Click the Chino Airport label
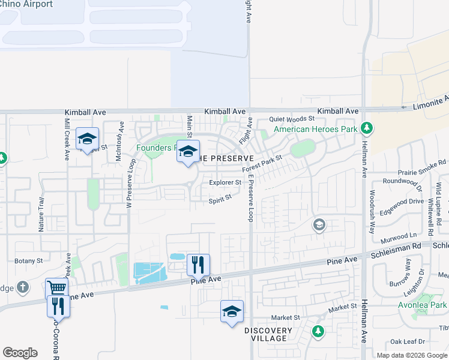point(26,4)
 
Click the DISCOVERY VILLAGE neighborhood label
point(268,334)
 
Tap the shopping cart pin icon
point(56,289)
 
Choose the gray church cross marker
point(23,287)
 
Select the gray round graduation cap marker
point(319,226)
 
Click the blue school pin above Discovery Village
point(232,311)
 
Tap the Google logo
point(20,352)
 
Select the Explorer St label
point(225,182)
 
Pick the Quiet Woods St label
point(292,119)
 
